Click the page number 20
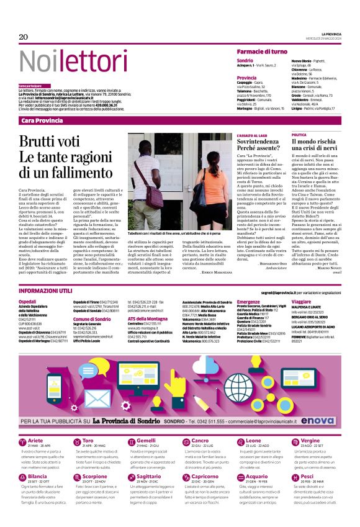click(x=24, y=37)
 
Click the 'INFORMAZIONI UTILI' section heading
click(x=48, y=291)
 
